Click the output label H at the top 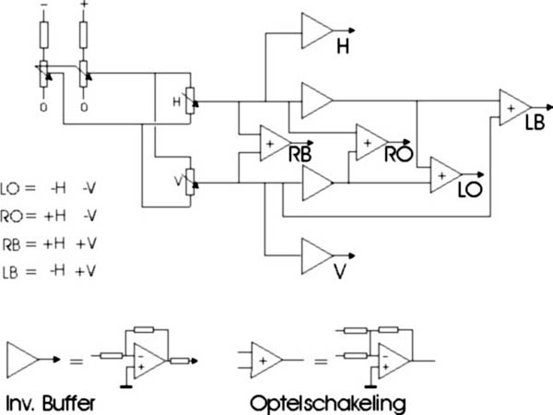343,47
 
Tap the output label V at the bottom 339,272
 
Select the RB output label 300,154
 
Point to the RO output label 398,153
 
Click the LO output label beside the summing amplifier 470,190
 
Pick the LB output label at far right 535,123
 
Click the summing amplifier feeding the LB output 515,108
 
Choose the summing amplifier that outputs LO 446,175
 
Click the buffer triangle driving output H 317,30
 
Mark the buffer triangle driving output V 317,256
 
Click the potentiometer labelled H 191,101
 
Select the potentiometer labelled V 191,182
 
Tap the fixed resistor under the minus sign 44,35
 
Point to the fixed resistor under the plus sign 83,35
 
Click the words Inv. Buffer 51,403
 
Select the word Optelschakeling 328,404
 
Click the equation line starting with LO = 48,188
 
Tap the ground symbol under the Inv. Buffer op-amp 126,387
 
